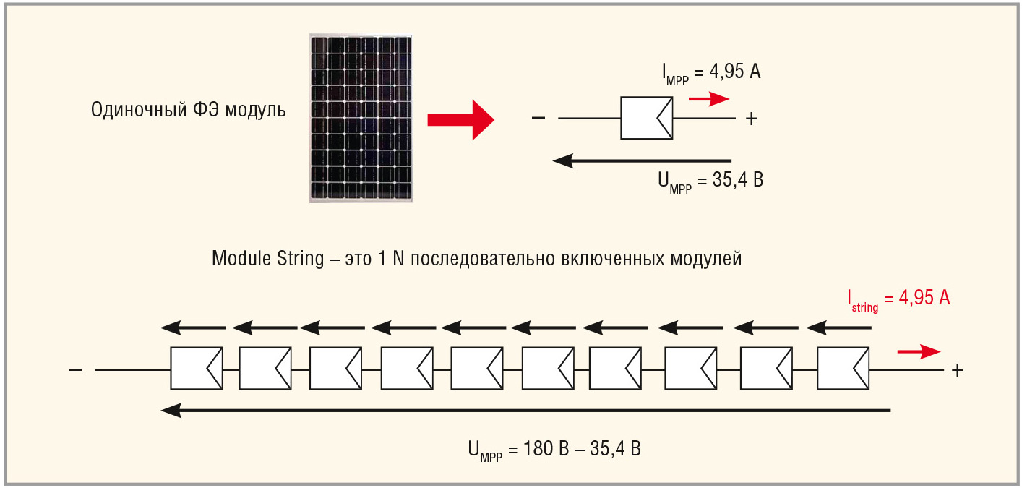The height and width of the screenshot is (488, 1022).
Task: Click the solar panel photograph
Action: pos(362,118)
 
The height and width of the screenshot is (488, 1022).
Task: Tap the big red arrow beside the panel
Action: pos(460,119)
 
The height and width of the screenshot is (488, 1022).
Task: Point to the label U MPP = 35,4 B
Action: pos(710,181)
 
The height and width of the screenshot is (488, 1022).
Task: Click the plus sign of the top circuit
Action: pos(751,120)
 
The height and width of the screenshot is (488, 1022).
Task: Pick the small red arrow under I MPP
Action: pos(709,99)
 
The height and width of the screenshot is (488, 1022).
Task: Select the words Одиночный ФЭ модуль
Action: pos(189,111)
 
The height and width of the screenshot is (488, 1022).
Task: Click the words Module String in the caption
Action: pos(267,259)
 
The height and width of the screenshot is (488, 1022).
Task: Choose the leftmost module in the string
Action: pos(196,369)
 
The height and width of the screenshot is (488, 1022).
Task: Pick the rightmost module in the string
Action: pos(843,369)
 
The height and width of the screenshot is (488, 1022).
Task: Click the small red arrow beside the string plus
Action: pos(919,351)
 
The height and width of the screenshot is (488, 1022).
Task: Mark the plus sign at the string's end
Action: pos(958,370)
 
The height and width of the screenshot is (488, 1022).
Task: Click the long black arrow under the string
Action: pos(525,411)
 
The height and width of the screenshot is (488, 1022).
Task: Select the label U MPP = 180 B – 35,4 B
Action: pos(554,450)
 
